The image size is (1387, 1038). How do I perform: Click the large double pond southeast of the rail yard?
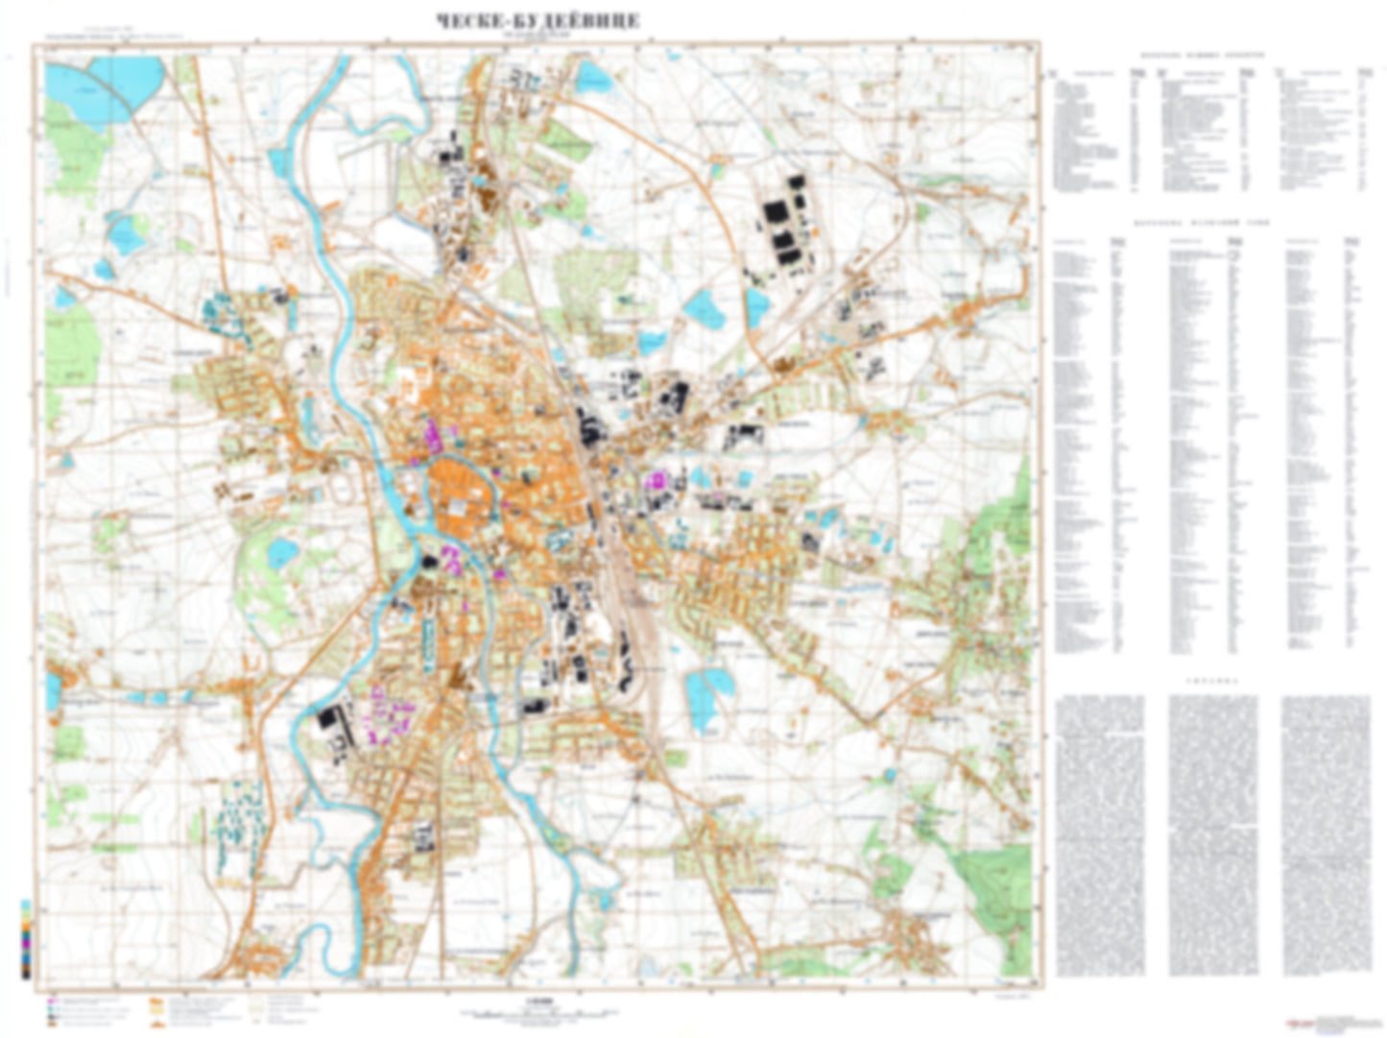tap(708, 694)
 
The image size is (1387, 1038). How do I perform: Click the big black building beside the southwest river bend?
tap(330, 721)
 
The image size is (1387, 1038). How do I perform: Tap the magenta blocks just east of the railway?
tap(658, 479)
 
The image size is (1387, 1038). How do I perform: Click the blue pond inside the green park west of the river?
tap(281, 550)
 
